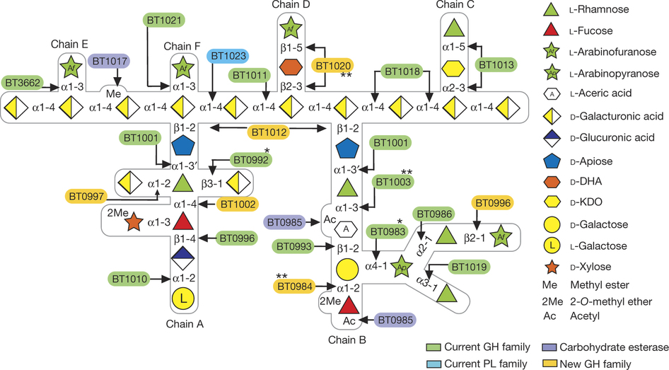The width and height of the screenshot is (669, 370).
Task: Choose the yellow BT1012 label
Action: point(267,131)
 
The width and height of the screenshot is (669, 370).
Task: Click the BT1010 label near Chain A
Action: point(129,279)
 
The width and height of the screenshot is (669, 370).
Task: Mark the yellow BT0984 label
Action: point(294,287)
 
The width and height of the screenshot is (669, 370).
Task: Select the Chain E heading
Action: point(69,45)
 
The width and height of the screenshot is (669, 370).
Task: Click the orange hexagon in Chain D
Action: point(291,67)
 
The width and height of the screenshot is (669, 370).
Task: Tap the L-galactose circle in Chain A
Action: point(183,298)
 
